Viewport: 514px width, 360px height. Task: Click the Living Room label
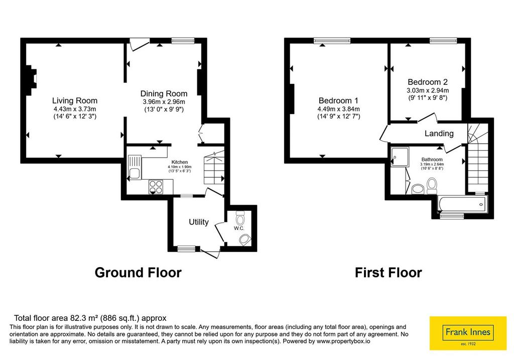[75, 100]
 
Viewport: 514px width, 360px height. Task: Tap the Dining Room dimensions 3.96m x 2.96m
[164, 102]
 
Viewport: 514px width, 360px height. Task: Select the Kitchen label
[180, 162]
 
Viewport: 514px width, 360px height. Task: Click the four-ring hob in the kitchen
[156, 187]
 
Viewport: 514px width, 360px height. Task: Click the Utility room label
[199, 222]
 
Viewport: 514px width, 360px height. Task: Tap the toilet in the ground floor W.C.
[240, 217]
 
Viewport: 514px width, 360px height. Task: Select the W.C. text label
[239, 228]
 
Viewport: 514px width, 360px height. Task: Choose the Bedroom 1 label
[338, 100]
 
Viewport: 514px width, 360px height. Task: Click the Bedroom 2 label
[428, 82]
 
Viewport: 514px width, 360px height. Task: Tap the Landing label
[439, 134]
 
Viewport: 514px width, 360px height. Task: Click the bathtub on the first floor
[462, 204]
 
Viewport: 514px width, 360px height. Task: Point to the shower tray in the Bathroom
[400, 157]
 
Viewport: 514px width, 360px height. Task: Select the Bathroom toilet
[432, 186]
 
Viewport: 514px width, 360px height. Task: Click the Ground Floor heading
[138, 273]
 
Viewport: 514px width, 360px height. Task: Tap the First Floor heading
[388, 273]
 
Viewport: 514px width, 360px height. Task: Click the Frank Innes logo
[468, 333]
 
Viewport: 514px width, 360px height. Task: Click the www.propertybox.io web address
[344, 341]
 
